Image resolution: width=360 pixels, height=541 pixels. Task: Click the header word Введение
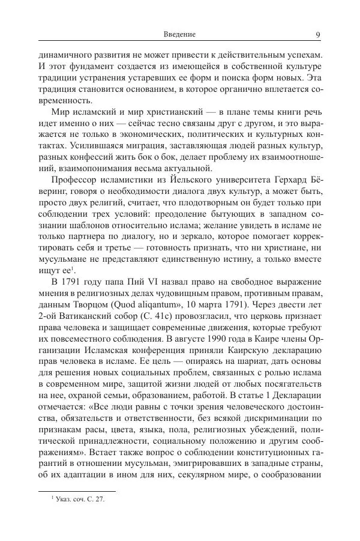coord(179,34)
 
